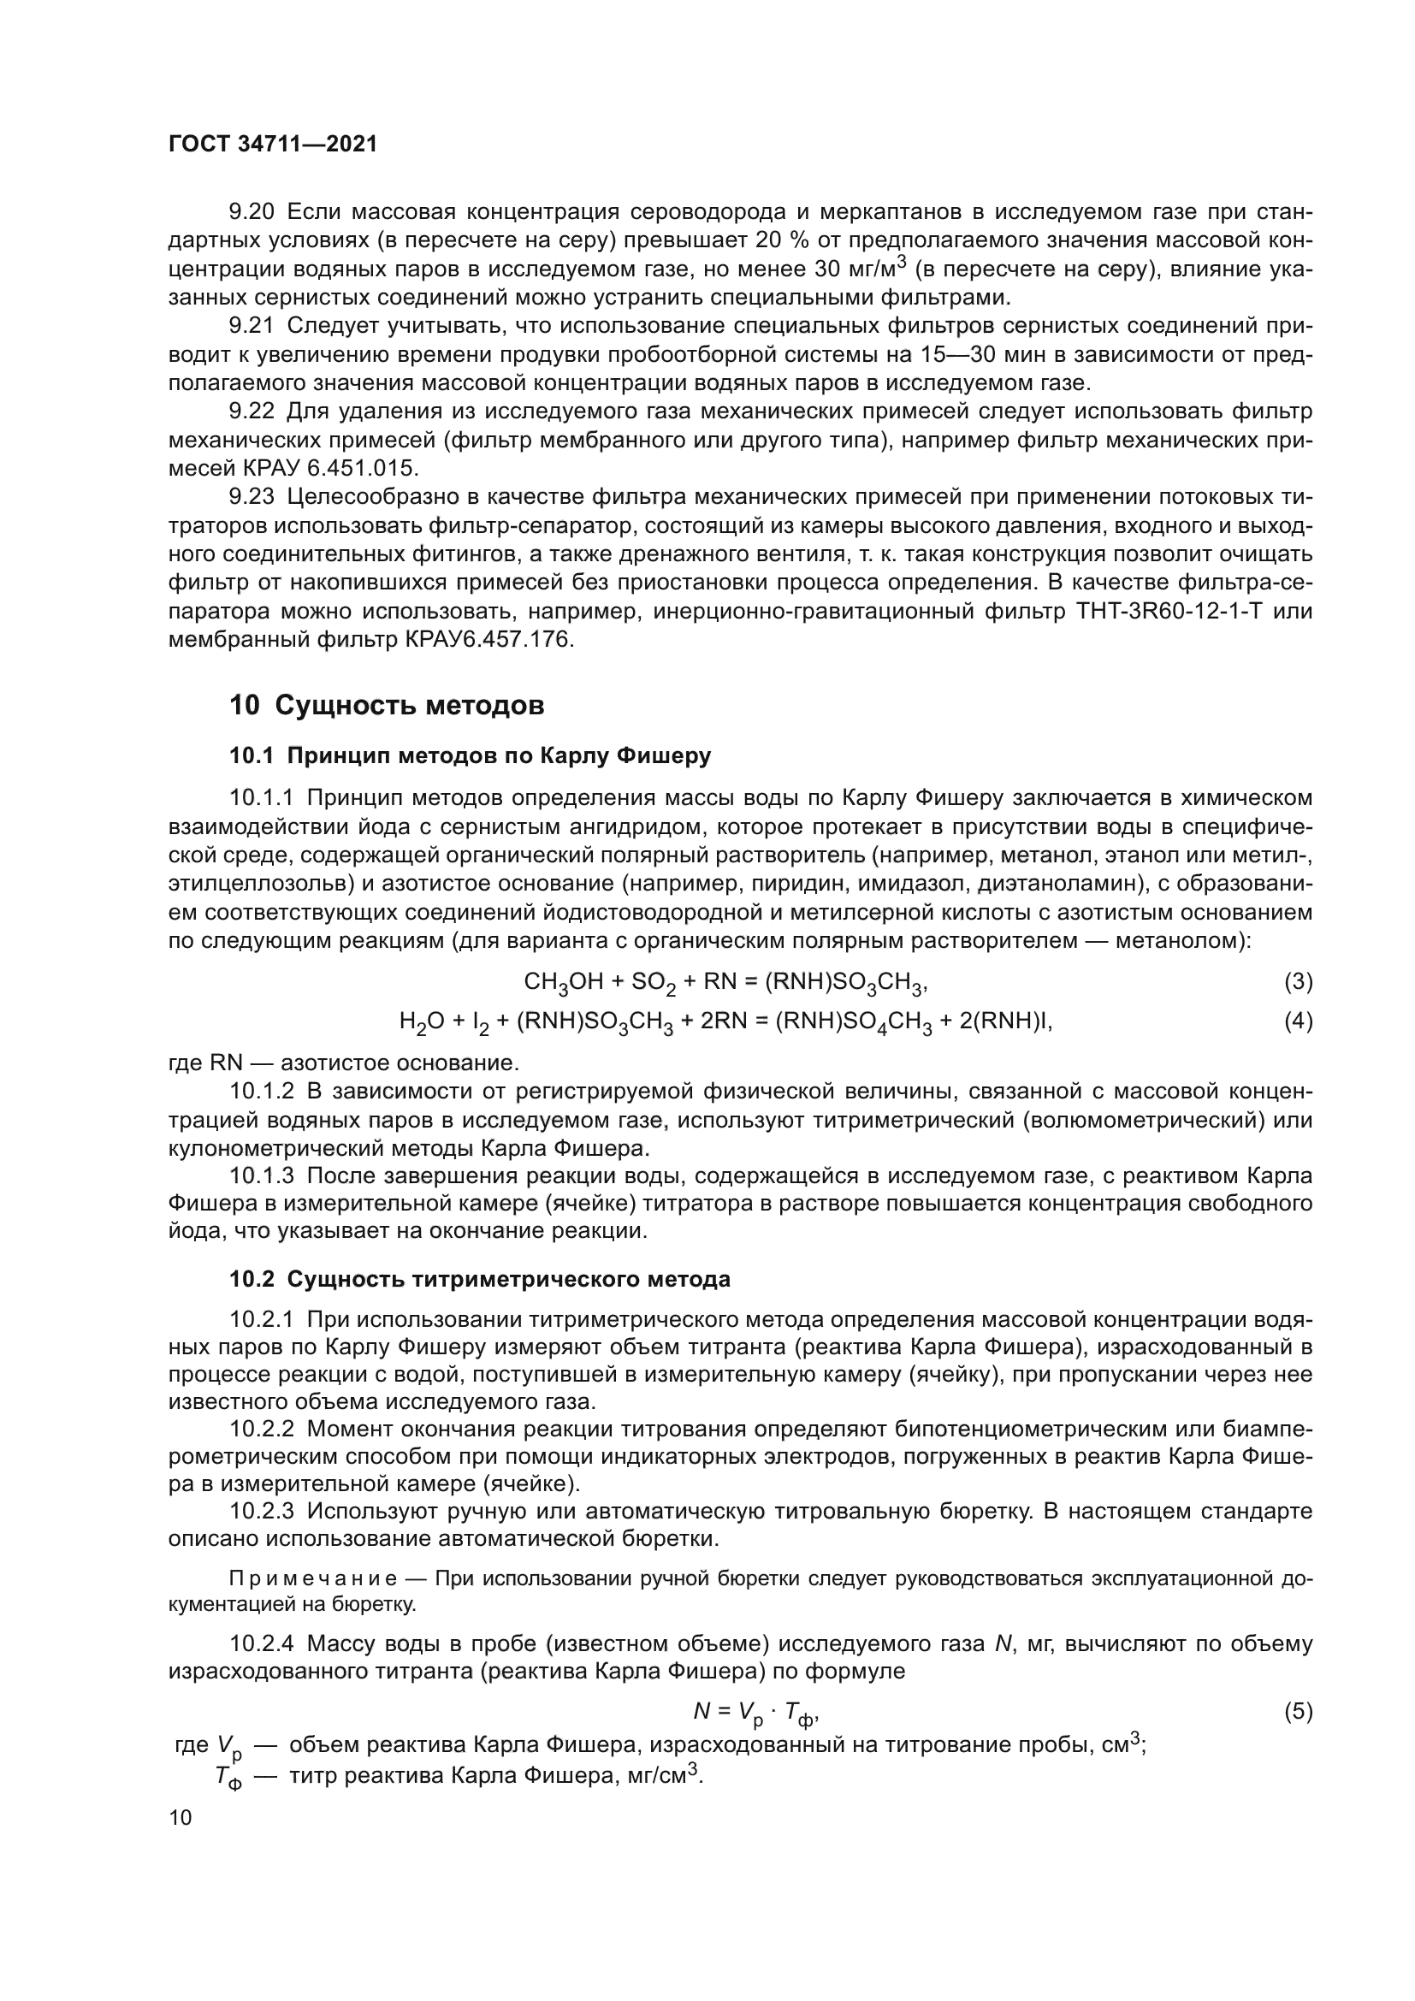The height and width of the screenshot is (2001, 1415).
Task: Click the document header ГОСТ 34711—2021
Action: pos(273,145)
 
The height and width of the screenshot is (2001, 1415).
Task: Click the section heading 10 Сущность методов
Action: pos(387,705)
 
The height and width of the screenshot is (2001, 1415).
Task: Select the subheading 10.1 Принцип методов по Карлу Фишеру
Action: pos(470,755)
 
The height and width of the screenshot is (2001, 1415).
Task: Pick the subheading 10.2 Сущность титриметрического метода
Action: pos(479,1279)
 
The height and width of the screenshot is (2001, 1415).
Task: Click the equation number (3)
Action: pos(1299,982)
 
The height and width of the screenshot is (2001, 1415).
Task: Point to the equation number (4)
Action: pos(1299,1021)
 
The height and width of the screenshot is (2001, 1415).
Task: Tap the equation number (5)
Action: pos(1299,1712)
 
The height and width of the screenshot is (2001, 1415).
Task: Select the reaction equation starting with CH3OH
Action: pos(725,983)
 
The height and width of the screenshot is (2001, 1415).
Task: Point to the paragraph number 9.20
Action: pos(251,212)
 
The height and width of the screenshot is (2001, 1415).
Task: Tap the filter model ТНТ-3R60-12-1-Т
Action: pos(1164,612)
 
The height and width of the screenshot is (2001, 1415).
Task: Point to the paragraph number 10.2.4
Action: pos(263,1643)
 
